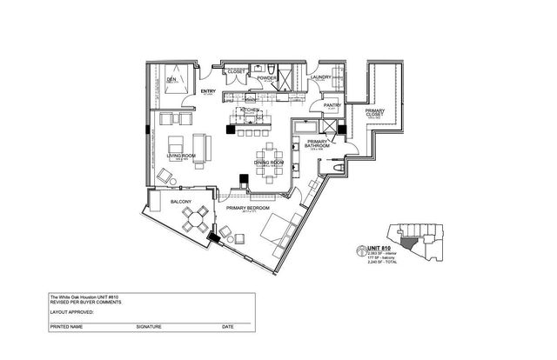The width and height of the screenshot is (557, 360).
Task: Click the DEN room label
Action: coord(171,81)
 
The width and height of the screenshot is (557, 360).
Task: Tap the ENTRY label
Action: coord(208,90)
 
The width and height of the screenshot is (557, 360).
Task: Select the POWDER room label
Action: coord(267,78)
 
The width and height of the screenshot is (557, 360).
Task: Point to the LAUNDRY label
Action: coord(323,78)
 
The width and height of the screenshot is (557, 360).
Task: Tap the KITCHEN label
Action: coord(251,110)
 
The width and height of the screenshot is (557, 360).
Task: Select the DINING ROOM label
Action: coord(269,163)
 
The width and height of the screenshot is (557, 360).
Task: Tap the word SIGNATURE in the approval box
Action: coord(148,327)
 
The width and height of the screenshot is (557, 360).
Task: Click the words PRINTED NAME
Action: coord(66,327)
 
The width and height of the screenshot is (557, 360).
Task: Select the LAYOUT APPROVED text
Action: coord(70,310)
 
